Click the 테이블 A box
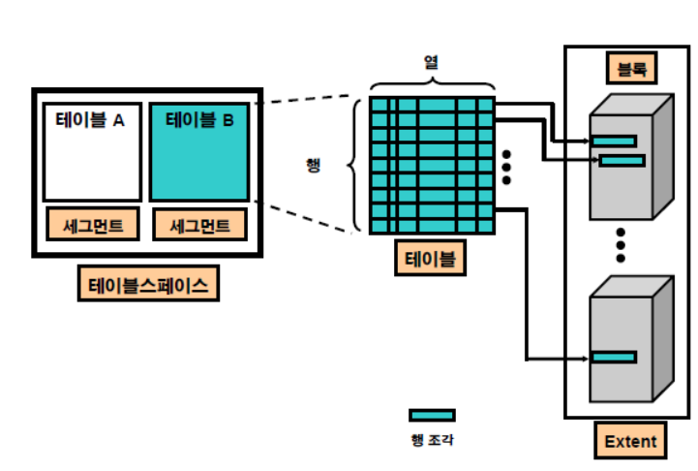pos(93,152)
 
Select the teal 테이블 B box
pos(199,152)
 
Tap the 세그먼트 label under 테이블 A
pos(93,224)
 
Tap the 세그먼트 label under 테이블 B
pos(199,224)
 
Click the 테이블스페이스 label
pos(148,284)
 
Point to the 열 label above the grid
pos(431,62)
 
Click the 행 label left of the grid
pos(314,165)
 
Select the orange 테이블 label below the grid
pos(430,258)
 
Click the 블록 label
pos(631,68)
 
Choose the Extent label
pos(630,440)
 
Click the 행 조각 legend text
pos(432,440)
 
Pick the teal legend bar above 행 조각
pos(432,416)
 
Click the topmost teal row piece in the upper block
pos(614,141)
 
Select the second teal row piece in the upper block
pos(622,161)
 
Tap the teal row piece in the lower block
pos(614,357)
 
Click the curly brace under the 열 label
pos(432,83)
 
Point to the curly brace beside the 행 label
pos(353,166)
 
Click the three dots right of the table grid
pos(506,167)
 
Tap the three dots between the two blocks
pos(621,245)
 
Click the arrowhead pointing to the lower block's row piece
pos(586,359)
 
